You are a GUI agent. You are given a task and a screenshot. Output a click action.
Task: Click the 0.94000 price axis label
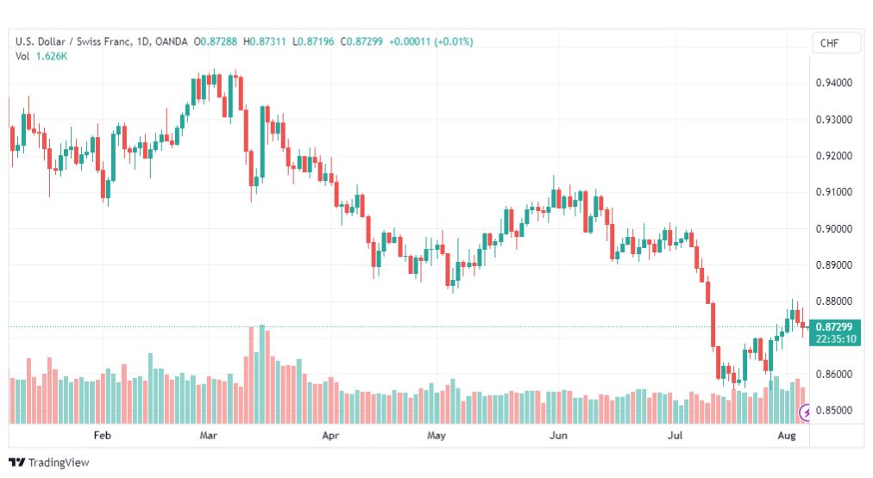pyautogui.click(x=833, y=83)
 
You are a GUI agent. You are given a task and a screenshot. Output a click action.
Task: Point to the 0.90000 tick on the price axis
pyautogui.click(x=833, y=229)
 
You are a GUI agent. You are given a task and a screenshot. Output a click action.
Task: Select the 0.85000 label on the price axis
pyautogui.click(x=833, y=411)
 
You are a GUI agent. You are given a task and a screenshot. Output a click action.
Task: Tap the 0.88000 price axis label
pyautogui.click(x=833, y=301)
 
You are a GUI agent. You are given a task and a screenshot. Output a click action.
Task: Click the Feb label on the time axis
pyautogui.click(x=102, y=435)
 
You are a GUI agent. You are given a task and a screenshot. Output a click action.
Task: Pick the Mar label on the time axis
pyautogui.click(x=208, y=435)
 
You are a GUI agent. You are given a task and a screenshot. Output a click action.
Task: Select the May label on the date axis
pyautogui.click(x=436, y=435)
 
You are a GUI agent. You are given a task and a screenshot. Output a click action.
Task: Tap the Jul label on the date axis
pyautogui.click(x=675, y=435)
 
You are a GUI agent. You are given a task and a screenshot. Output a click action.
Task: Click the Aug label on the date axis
pyautogui.click(x=786, y=435)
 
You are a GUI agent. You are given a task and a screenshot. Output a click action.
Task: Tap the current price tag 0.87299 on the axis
pyautogui.click(x=834, y=326)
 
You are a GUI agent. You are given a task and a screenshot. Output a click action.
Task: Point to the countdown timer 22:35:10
pyautogui.click(x=836, y=339)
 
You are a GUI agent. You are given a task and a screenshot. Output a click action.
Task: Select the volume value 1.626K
pyautogui.click(x=51, y=56)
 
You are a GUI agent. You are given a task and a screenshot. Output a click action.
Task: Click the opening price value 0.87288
pyautogui.click(x=219, y=41)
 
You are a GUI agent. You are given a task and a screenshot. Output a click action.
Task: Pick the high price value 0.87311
pyautogui.click(x=267, y=41)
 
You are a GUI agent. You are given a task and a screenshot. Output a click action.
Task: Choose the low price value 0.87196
pyautogui.click(x=316, y=41)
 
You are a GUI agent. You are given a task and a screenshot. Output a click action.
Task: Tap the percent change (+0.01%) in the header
pyautogui.click(x=455, y=41)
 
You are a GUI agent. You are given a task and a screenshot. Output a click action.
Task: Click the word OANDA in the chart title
pyautogui.click(x=172, y=41)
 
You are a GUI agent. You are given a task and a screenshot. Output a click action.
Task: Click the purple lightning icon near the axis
pyautogui.click(x=805, y=413)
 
